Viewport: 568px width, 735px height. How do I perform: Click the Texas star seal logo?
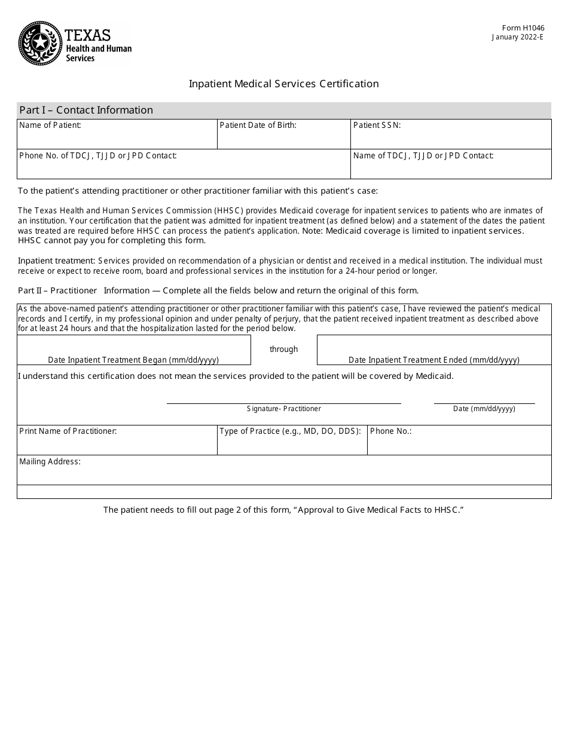[40, 43]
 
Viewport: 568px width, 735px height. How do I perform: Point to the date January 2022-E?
[518, 36]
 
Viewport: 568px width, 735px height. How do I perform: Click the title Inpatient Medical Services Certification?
[283, 84]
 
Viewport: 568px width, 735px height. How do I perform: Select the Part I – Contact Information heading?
[86, 110]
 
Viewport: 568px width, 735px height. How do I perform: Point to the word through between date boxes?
[283, 350]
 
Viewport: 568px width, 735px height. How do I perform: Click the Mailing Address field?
[283, 474]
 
